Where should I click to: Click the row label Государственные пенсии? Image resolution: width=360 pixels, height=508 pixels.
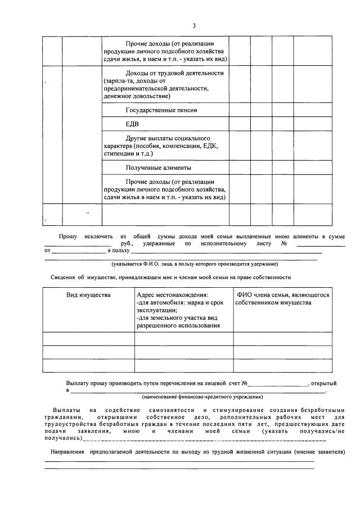pos(161,110)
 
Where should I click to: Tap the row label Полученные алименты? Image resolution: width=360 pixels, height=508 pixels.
pos(159,167)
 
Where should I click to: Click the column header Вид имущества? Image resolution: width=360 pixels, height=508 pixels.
pos(88,295)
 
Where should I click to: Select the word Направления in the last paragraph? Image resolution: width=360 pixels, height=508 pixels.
pos(67,452)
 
